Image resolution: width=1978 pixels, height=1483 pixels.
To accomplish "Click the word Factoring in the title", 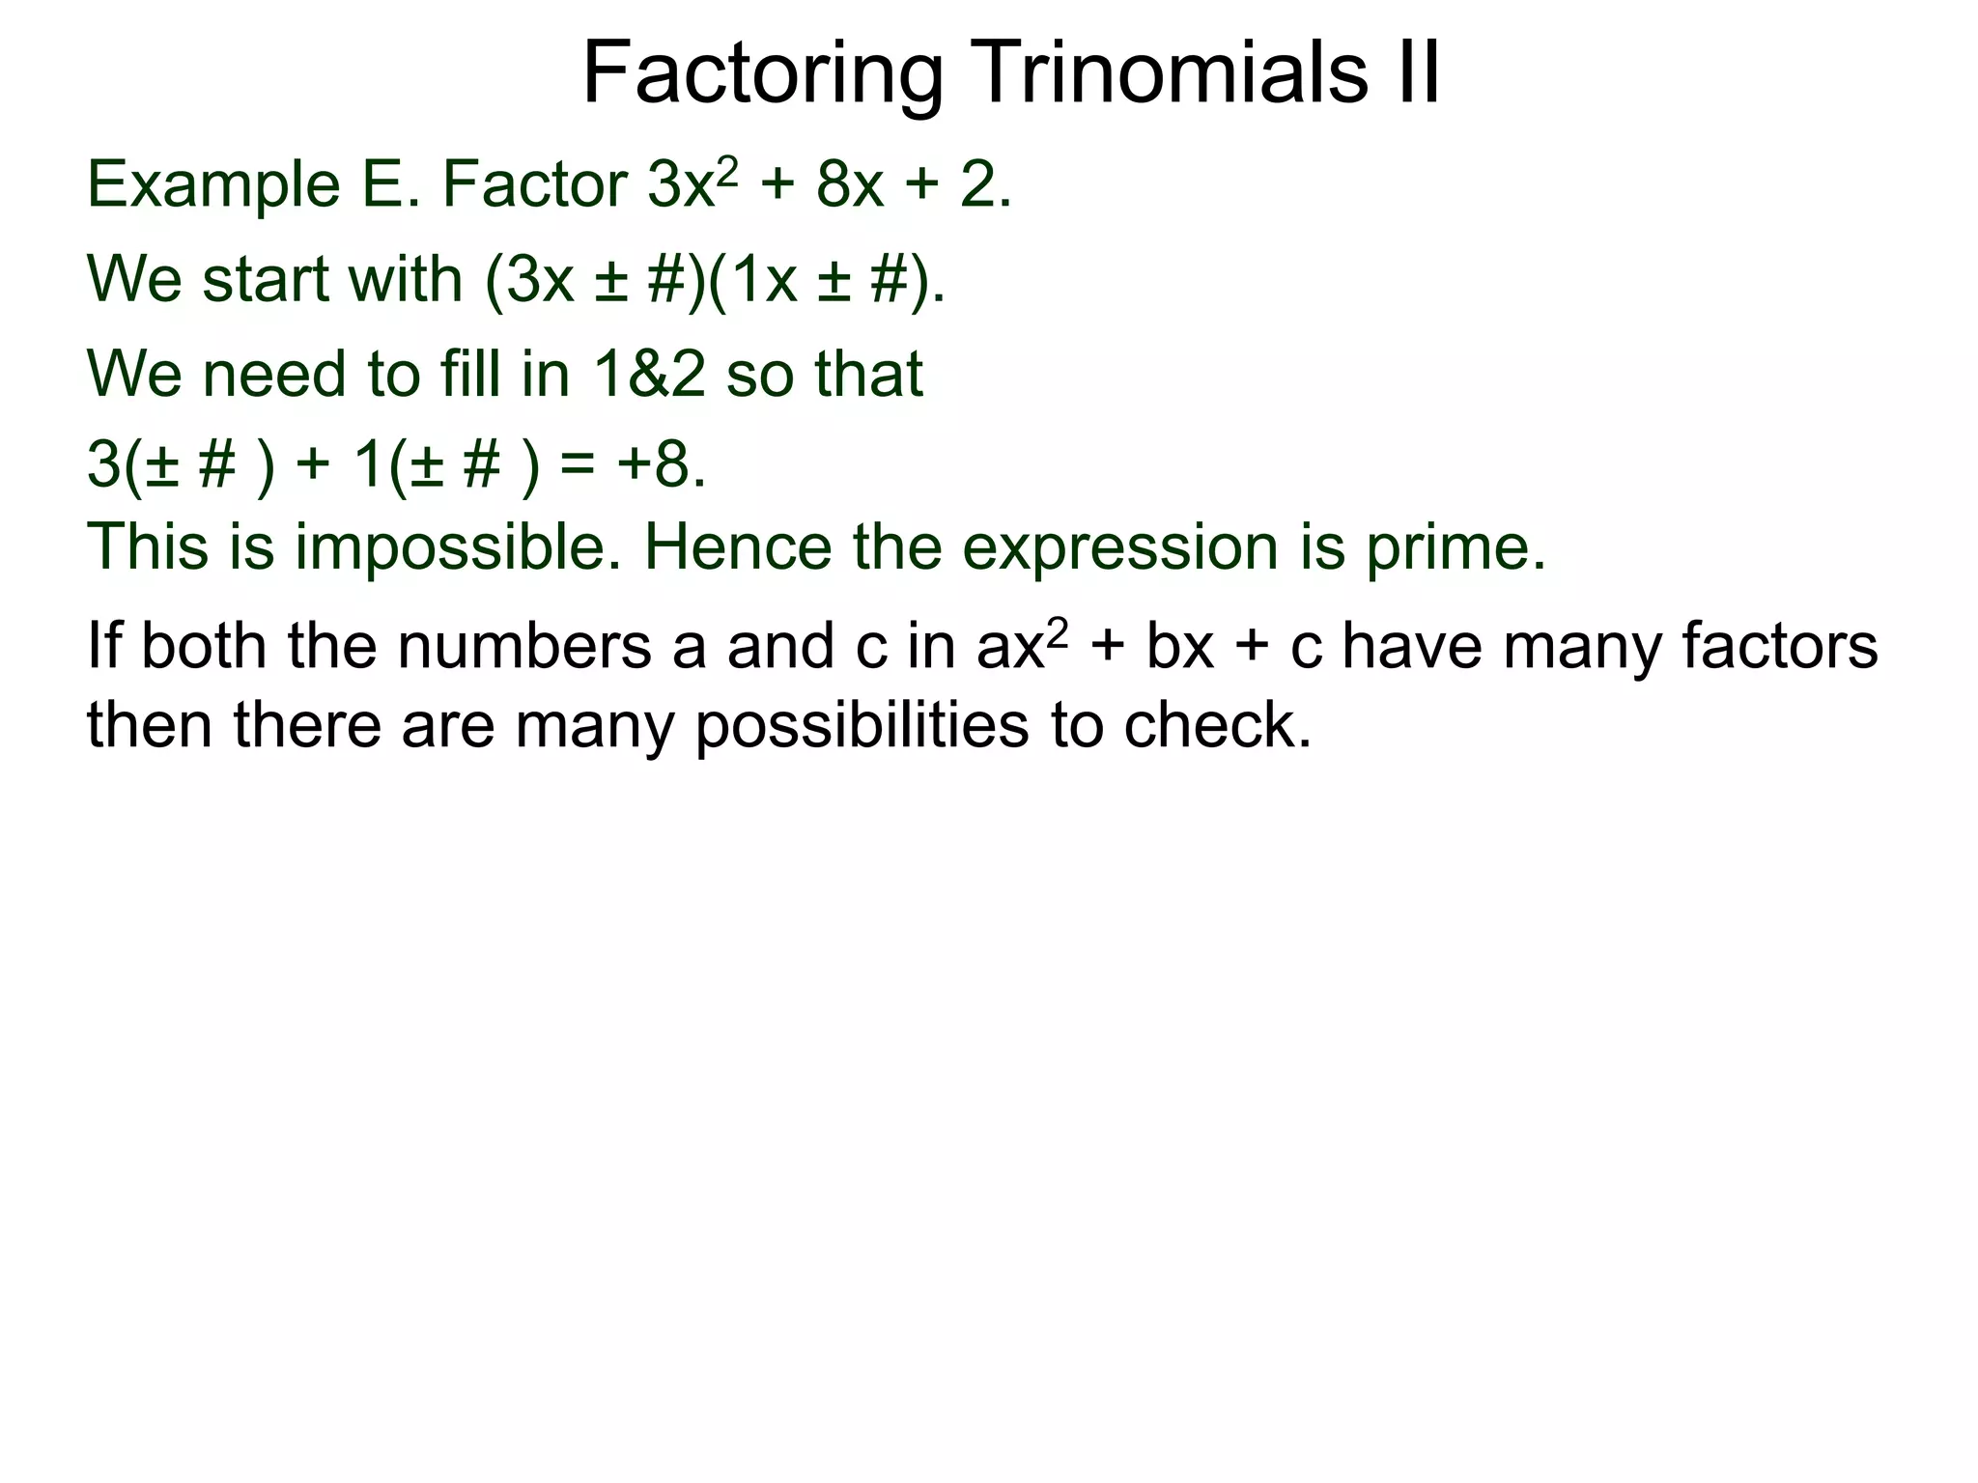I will coord(763,75).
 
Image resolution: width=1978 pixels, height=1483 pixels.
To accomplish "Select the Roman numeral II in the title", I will coord(1417,73).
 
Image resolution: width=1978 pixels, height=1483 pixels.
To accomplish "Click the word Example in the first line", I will coord(213,185).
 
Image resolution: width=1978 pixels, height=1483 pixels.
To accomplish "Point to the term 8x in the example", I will coord(850,185).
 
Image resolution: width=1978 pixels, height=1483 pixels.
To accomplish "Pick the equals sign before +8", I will coord(578,466).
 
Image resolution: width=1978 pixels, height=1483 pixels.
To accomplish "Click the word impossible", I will coord(458,547).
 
